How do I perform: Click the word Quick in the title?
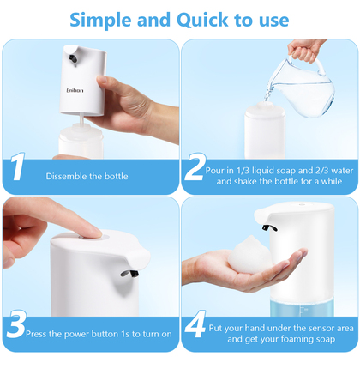[202, 21]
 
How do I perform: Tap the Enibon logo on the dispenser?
[75, 90]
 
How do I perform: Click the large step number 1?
[17, 166]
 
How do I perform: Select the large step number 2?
[195, 166]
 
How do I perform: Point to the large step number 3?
[17, 324]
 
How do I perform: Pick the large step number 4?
[195, 324]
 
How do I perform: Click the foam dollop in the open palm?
[249, 254]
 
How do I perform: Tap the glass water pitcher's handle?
[320, 64]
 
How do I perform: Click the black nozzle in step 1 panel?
[73, 58]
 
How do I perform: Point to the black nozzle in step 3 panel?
[130, 274]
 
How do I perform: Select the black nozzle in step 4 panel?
[269, 227]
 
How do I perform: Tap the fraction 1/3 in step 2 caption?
[243, 171]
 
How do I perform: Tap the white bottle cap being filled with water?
[265, 110]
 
